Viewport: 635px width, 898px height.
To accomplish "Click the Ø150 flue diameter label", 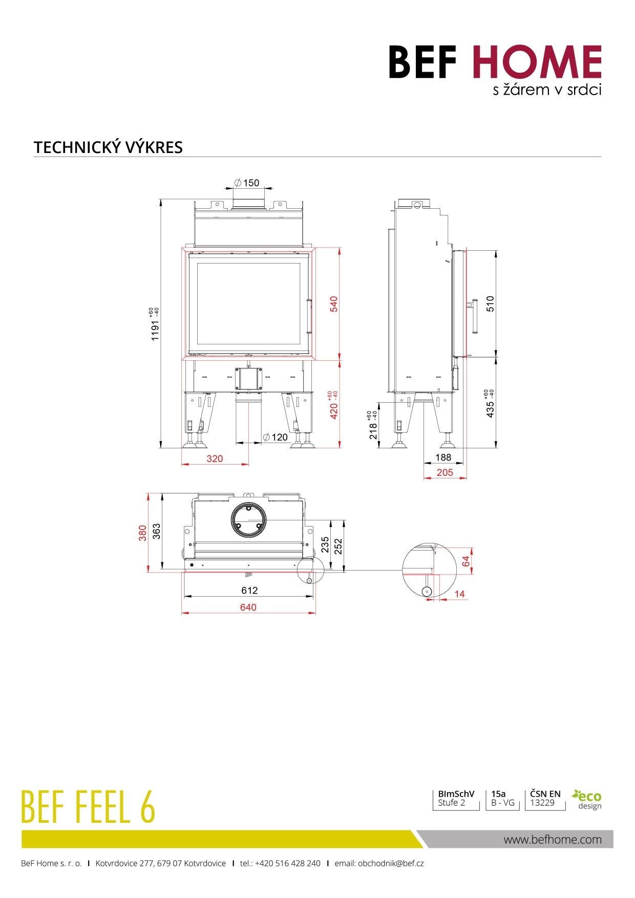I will [247, 183].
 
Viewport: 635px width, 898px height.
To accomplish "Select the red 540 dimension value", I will [334, 304].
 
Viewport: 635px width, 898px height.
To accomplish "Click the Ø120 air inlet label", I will [276, 437].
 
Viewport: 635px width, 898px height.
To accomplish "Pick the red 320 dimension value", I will [215, 458].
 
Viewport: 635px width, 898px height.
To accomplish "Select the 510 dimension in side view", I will [490, 303].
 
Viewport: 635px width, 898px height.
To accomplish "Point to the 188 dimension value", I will [443, 457].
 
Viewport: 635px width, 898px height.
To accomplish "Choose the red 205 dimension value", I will [444, 472].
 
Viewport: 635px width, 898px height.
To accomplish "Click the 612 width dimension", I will [249, 590].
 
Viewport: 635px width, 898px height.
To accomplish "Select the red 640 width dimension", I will [248, 607].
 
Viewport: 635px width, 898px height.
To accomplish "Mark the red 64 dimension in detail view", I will [465, 561].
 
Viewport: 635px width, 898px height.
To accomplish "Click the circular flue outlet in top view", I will [248, 520].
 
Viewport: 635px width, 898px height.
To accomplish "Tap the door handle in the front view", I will [309, 316].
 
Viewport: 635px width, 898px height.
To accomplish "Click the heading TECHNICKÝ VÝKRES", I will [108, 147].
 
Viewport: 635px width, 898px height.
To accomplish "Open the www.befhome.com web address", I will [553, 839].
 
